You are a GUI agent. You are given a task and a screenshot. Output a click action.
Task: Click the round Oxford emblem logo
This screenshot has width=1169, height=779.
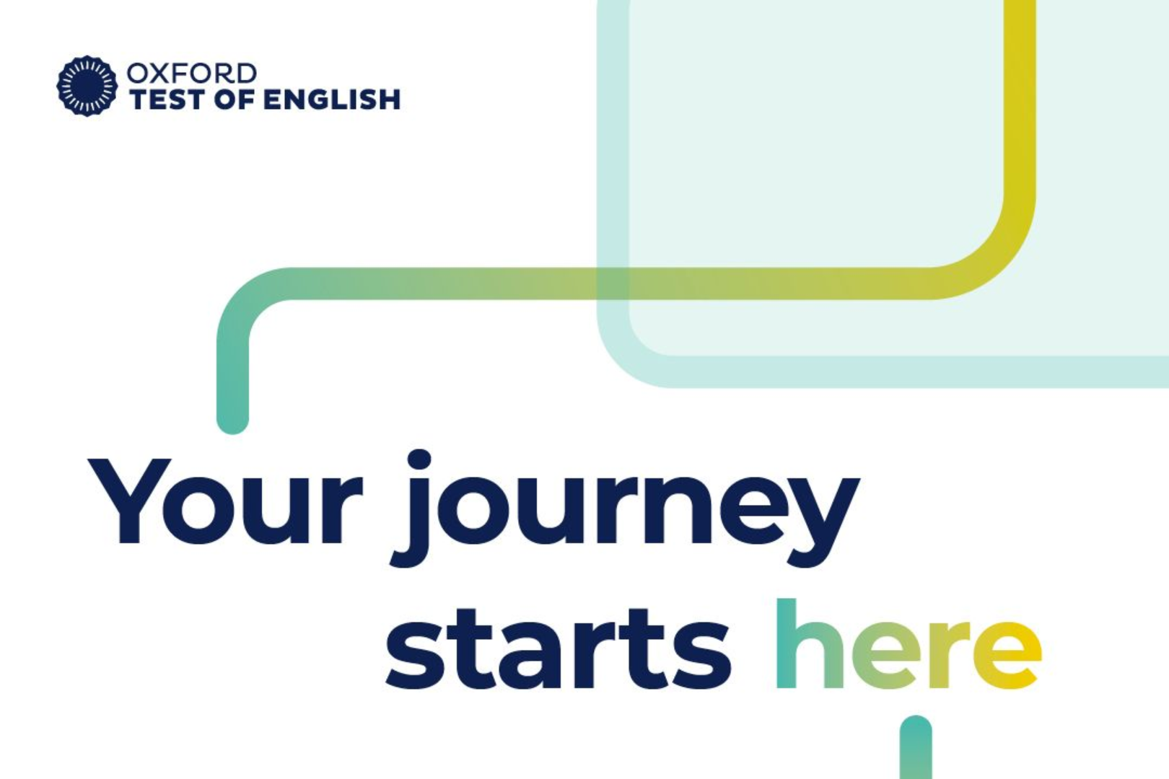pos(87,86)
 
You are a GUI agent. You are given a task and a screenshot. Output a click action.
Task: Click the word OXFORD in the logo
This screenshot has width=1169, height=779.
pos(191,74)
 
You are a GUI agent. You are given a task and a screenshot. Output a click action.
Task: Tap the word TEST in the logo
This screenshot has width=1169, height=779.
pos(168,100)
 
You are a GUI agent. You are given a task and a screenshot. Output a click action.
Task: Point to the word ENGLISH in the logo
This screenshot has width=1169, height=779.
pos(332,100)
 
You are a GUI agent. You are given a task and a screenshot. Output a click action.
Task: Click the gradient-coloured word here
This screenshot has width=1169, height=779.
pos(908,644)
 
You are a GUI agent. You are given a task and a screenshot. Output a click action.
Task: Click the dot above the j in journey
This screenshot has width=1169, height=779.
pos(419,460)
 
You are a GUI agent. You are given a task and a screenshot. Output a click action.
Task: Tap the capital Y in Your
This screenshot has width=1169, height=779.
pos(129,501)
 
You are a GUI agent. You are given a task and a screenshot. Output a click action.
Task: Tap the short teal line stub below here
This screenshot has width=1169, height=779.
pos(916,747)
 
